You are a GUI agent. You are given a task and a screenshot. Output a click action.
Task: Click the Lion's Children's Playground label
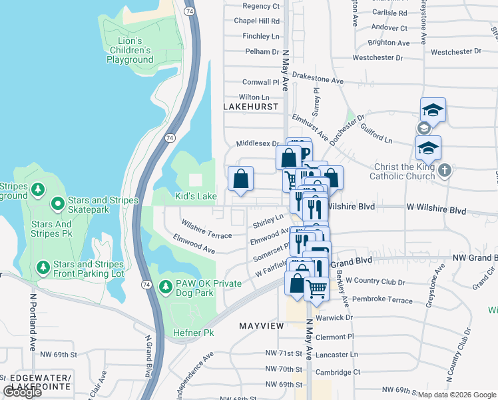pos(130,50)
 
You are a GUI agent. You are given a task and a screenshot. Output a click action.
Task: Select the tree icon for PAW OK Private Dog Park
pos(166,287)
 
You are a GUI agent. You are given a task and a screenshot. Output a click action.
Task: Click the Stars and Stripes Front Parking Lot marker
pos(43,267)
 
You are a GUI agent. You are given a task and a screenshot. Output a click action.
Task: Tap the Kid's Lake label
pos(196,196)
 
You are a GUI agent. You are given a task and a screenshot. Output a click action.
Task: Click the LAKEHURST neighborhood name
pos(250,107)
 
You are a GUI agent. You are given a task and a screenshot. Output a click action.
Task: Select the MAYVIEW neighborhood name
pos(262,325)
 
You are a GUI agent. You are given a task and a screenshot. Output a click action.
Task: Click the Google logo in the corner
pos(22,392)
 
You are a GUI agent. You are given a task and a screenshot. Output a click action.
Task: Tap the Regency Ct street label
pos(261,6)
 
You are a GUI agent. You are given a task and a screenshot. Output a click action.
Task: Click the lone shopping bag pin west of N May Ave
pos(240,179)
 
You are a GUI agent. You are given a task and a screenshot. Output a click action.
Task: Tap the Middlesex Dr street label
pos(257,143)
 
